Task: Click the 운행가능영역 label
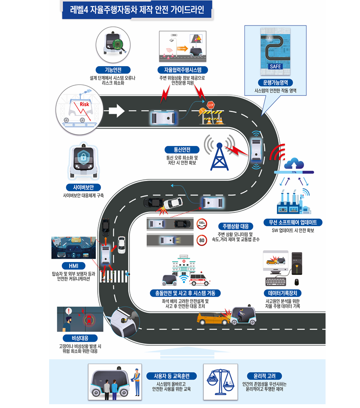(x=276, y=81)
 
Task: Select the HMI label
(x=73, y=265)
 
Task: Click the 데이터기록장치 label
(x=282, y=293)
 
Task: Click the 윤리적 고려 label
(x=264, y=376)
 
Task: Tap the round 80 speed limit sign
(x=202, y=241)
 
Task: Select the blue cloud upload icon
(x=297, y=163)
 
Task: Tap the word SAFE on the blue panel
(x=275, y=67)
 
